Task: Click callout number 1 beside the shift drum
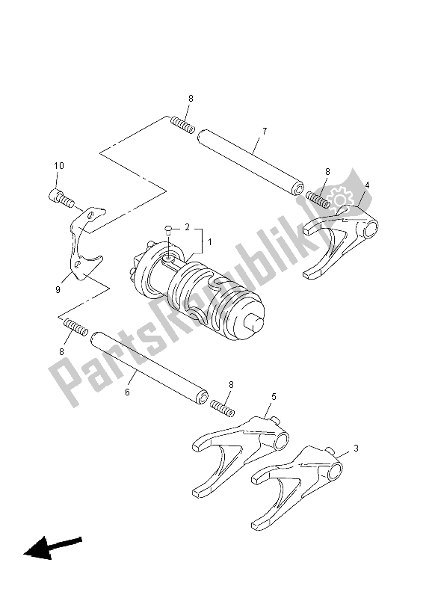(210, 242)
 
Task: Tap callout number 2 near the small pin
(188, 226)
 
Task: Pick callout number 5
(274, 398)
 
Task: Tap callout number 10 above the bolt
(59, 166)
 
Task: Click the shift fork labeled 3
(295, 482)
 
